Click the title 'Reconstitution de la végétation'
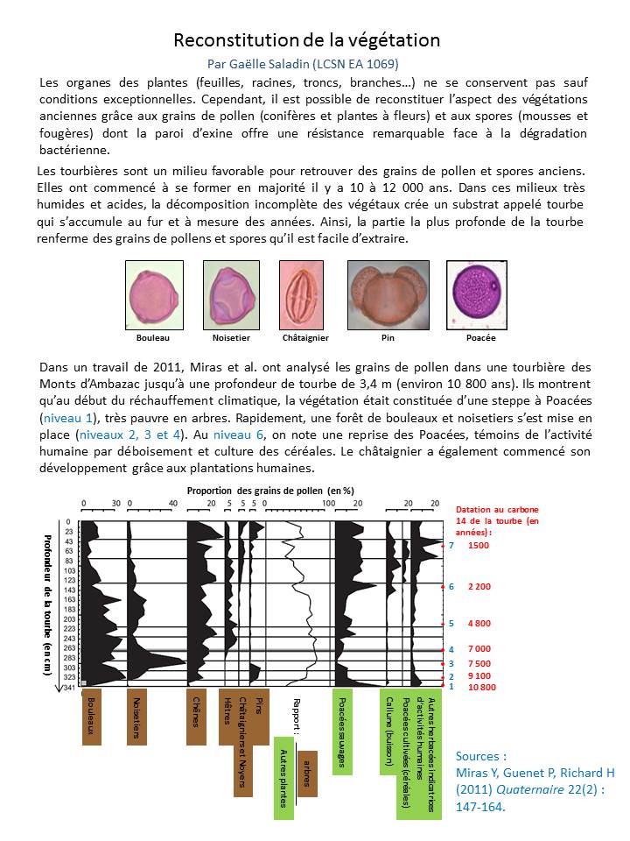(306, 40)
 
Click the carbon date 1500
(479, 545)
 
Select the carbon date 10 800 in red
(482, 687)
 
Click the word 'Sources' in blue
(481, 756)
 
